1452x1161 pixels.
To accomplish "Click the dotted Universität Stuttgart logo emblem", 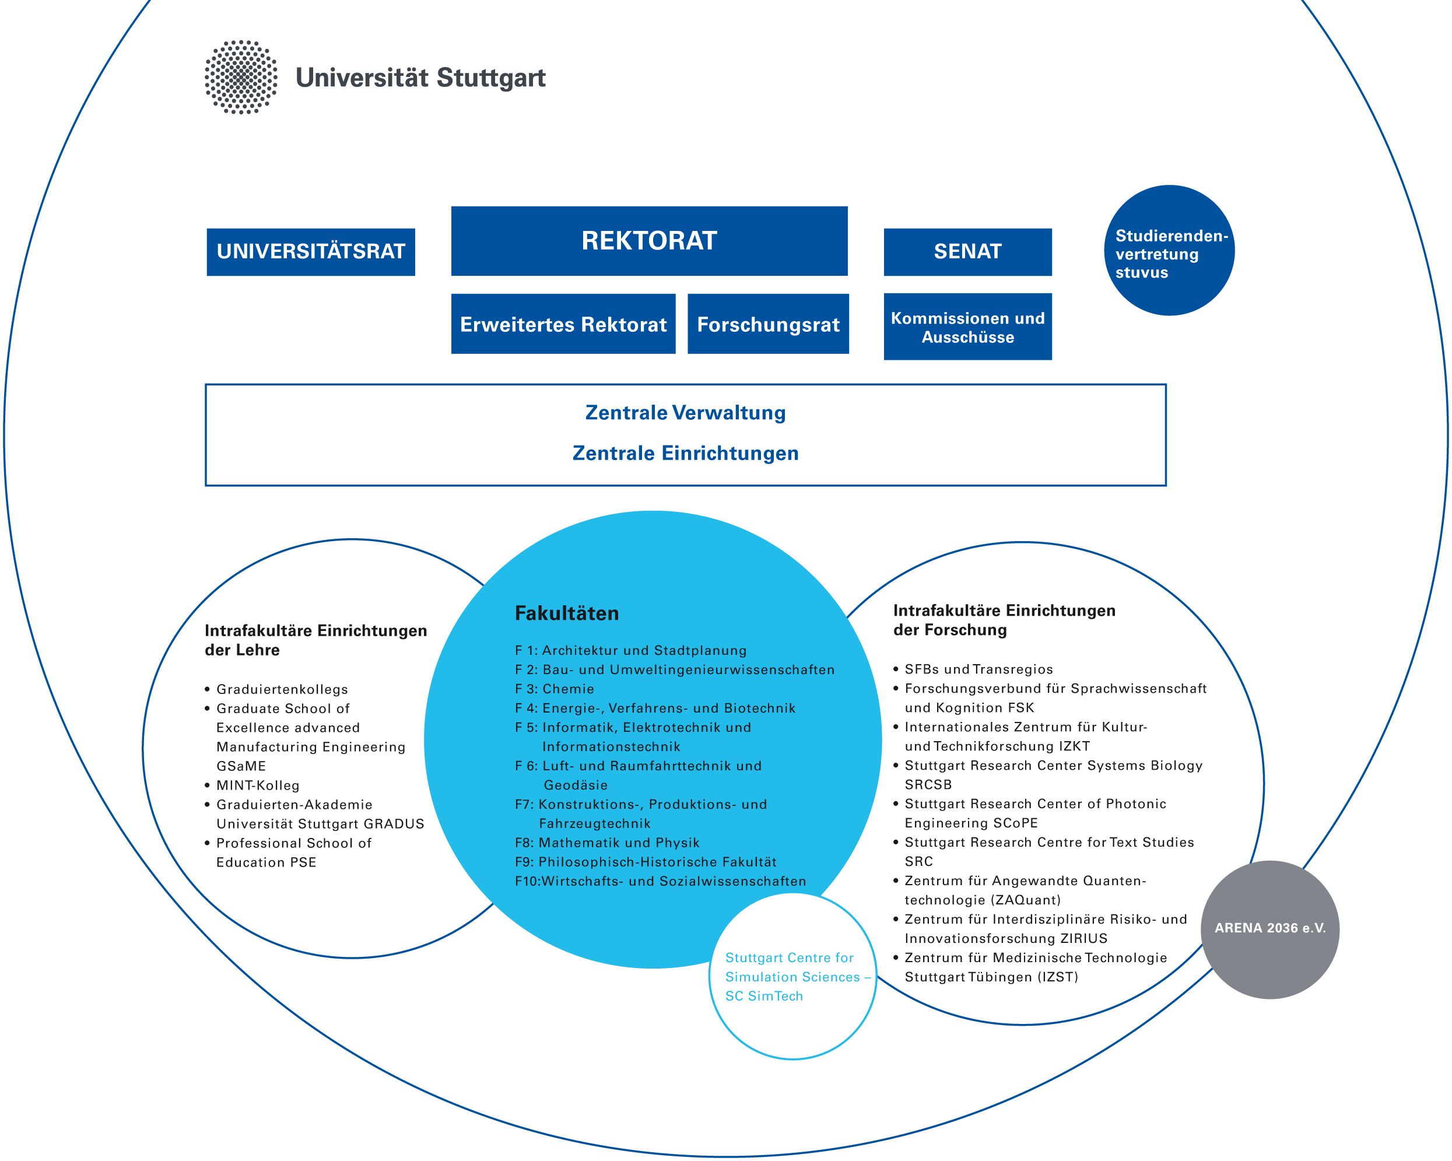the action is point(241,78).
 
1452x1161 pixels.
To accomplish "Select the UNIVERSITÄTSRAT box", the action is point(310,252).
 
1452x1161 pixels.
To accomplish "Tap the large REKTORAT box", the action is point(649,240).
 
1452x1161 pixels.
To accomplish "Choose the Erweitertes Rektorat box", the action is point(563,324).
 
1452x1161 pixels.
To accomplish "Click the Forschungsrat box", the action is point(768,324).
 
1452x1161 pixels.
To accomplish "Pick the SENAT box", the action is point(968,252).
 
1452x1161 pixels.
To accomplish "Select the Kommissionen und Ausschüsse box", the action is point(968,327).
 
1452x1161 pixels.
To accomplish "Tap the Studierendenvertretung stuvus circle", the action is point(1169,251).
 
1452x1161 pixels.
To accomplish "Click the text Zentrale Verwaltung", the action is point(686,413).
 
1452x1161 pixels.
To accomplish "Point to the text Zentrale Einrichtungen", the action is point(686,453).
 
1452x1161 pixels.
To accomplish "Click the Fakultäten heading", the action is point(566,613).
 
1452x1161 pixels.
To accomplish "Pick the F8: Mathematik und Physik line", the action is point(608,843).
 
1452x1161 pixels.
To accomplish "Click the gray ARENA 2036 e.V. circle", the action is point(1270,929).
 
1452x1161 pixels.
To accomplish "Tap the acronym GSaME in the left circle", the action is point(241,766).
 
